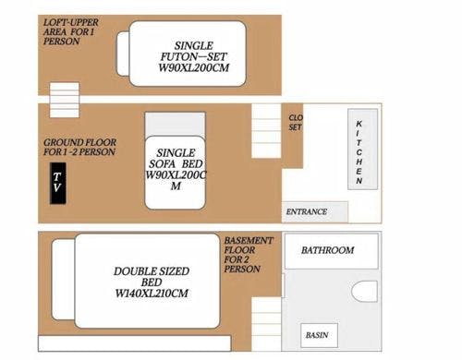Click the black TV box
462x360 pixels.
click(x=58, y=183)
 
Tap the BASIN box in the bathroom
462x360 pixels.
click(x=319, y=335)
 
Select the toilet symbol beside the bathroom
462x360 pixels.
click(x=364, y=291)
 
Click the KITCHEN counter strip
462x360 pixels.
click(x=363, y=150)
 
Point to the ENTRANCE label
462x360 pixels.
click(x=307, y=211)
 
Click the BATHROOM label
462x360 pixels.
click(x=327, y=250)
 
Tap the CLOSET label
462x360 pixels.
click(x=296, y=122)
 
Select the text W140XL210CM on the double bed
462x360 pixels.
click(x=152, y=294)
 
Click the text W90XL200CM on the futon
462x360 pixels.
click(x=194, y=67)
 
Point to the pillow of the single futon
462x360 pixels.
click(x=123, y=54)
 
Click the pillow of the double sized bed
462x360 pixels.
click(x=64, y=280)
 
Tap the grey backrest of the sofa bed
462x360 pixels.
click(x=175, y=125)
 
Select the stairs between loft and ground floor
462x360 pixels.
click(x=65, y=100)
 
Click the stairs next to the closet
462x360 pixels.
click(x=266, y=131)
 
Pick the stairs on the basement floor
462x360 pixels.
click(x=266, y=324)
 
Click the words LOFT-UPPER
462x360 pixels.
click(x=71, y=22)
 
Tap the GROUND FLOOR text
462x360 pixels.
click(x=79, y=142)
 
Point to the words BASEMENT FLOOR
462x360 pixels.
click(x=249, y=246)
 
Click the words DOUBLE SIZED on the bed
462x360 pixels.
click(x=152, y=271)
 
